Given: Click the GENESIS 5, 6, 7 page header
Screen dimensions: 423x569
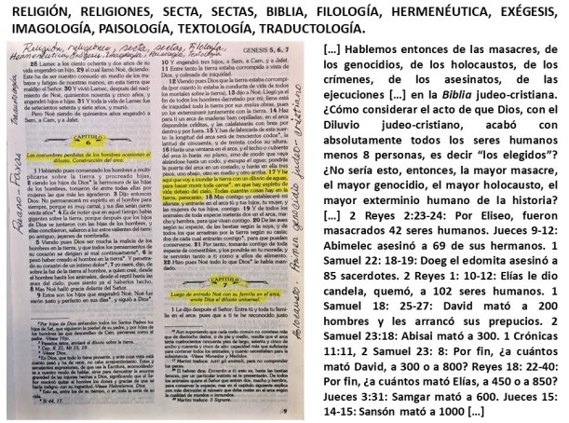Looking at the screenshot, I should click(277, 53).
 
